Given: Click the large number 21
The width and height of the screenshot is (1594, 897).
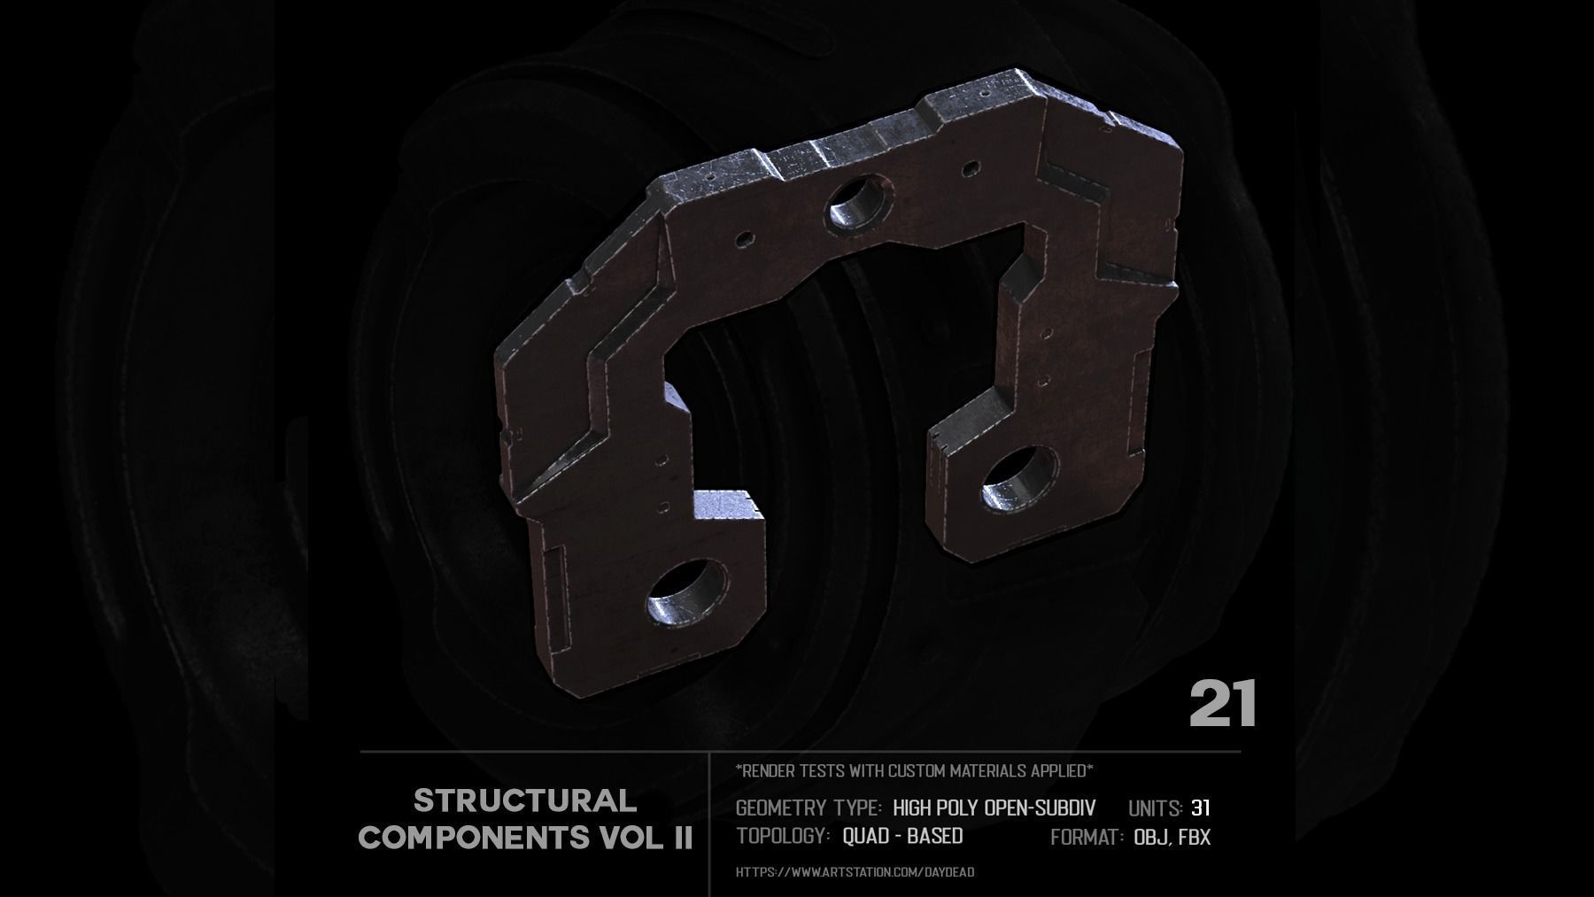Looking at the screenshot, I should pyautogui.click(x=1222, y=705).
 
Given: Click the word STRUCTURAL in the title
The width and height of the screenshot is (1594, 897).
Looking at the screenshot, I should pyautogui.click(x=525, y=801).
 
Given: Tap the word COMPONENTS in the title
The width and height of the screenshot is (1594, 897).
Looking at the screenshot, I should pyautogui.click(x=472, y=837).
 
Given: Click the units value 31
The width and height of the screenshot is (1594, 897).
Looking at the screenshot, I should pyautogui.click(x=1201, y=808).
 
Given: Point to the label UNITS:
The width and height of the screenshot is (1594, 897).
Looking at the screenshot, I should pyautogui.click(x=1156, y=808).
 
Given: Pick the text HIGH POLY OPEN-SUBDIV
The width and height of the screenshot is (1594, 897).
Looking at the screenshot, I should pyautogui.click(x=994, y=808).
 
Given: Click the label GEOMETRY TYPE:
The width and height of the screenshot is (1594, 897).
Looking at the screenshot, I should pyautogui.click(x=809, y=808).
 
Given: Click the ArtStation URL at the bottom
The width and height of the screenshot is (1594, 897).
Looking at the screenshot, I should pyautogui.click(x=855, y=872).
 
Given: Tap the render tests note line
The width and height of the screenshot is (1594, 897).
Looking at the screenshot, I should pyautogui.click(x=914, y=771).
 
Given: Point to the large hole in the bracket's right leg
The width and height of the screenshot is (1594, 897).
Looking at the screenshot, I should pyautogui.click(x=1019, y=479).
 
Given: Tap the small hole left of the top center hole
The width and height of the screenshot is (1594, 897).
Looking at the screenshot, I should pyautogui.click(x=744, y=238).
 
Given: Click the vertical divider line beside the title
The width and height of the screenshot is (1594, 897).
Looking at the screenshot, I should pyautogui.click(x=710, y=824).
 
